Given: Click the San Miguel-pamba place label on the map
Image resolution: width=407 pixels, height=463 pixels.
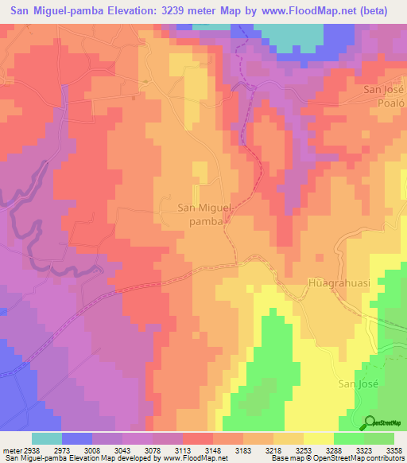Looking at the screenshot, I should coord(204,215).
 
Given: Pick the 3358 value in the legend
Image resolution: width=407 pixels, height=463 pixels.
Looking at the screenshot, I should coord(393,450).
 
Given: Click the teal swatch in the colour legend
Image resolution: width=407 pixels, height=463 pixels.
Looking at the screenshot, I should coord(47,438).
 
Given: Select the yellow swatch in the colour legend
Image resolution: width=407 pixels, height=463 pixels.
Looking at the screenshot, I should coord(319,438).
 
